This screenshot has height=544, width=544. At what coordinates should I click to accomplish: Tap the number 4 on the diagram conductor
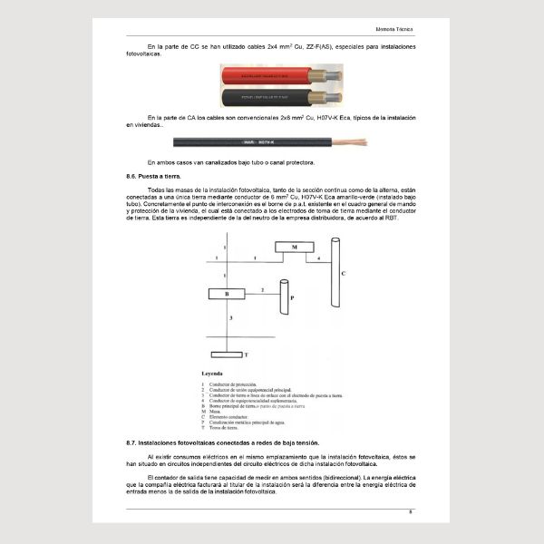318,258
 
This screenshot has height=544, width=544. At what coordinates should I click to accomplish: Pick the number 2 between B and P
262,289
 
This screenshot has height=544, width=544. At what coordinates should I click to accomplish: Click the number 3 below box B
231,318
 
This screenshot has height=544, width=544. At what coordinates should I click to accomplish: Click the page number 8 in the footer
411,513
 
